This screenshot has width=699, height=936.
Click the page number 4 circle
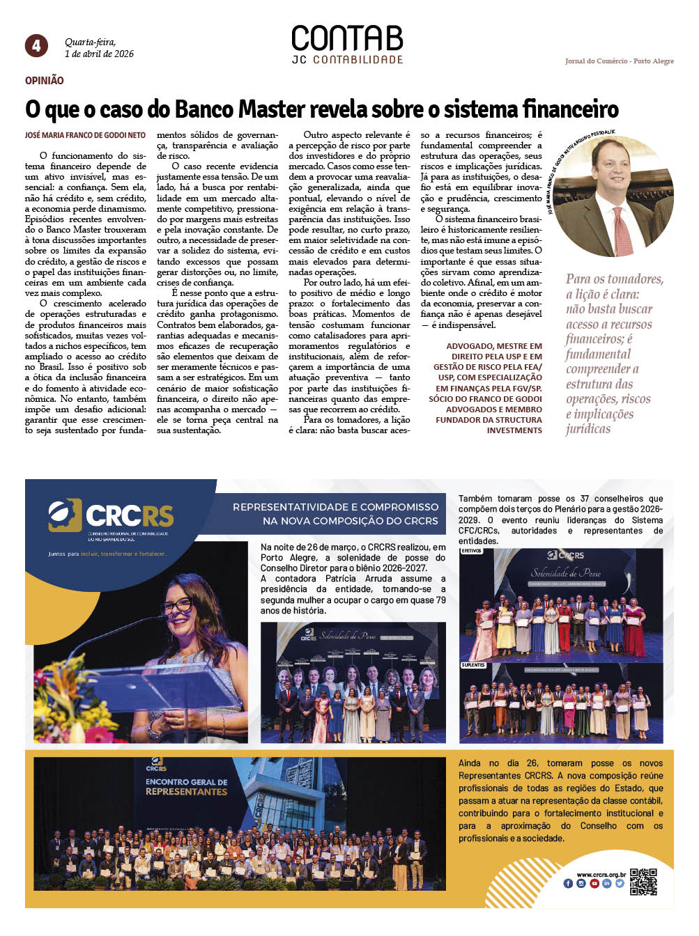tap(36, 46)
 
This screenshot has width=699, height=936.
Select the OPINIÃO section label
tap(45, 81)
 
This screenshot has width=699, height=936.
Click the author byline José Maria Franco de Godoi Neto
tap(85, 135)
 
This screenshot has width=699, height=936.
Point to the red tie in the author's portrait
tap(622, 230)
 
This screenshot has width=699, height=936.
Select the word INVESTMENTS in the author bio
tap(514, 430)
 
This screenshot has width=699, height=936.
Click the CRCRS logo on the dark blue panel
tap(112, 515)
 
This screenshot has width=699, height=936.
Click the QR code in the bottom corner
tap(643, 881)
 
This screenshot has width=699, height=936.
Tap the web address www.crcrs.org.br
tap(601, 875)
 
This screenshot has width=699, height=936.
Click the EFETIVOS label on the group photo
tap(471, 551)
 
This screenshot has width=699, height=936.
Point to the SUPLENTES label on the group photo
tap(473, 665)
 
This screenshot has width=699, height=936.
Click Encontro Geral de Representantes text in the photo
tap(186, 787)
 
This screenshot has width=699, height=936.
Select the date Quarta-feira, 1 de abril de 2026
tap(99, 48)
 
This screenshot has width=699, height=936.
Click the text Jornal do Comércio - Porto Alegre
tap(619, 61)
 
